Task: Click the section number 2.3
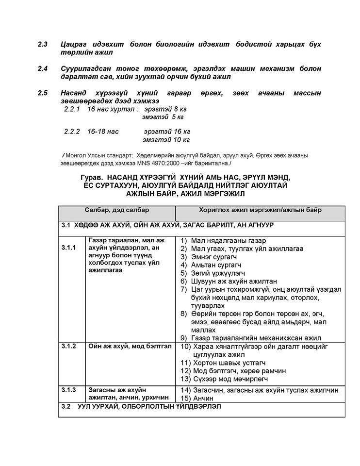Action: coord(42,45)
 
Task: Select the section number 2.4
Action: coord(42,68)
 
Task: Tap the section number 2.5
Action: coord(42,93)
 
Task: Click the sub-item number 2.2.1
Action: coord(73,109)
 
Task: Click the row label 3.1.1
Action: coord(68,248)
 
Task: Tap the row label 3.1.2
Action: coord(68,346)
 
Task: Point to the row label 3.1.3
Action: coord(68,390)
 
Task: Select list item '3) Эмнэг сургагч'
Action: coord(210,257)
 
